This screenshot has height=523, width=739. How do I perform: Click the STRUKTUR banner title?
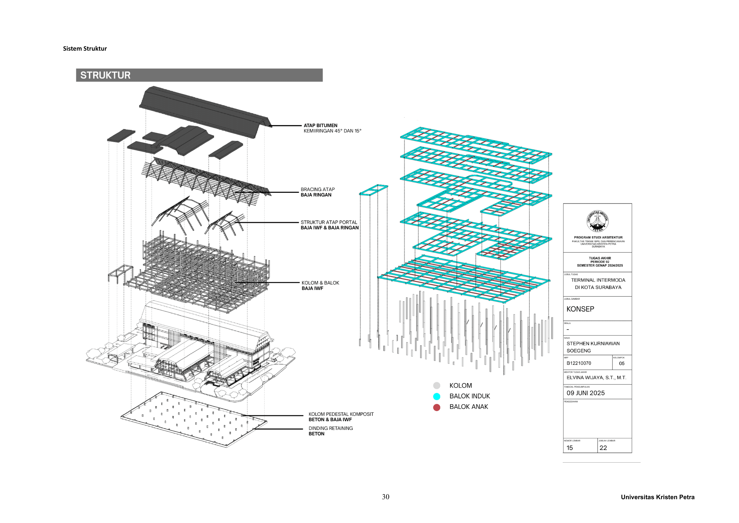(x=105, y=75)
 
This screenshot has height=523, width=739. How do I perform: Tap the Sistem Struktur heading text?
(x=85, y=49)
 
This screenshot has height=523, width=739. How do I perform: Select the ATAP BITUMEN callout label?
(x=321, y=126)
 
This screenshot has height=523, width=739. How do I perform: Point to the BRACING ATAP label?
(x=318, y=189)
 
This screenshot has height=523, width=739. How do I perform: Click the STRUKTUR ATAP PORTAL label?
(x=329, y=222)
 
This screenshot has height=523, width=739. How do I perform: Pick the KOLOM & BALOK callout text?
(x=320, y=283)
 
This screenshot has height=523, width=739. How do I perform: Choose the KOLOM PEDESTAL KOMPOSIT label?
(x=341, y=414)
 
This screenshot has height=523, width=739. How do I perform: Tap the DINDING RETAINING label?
(x=331, y=428)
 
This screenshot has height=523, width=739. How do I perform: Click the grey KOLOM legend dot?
(x=437, y=385)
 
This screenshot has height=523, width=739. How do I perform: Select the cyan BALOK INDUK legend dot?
(x=437, y=396)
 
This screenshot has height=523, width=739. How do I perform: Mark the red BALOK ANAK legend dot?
(x=437, y=407)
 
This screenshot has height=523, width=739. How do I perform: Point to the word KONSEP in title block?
(x=580, y=309)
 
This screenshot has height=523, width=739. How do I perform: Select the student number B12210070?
(x=579, y=363)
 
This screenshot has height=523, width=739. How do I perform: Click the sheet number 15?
(x=570, y=448)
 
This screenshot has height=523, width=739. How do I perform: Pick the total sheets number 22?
(x=603, y=448)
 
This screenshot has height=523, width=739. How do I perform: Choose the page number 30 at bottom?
(x=386, y=497)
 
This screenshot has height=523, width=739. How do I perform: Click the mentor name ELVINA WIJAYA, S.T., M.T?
(x=596, y=378)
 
